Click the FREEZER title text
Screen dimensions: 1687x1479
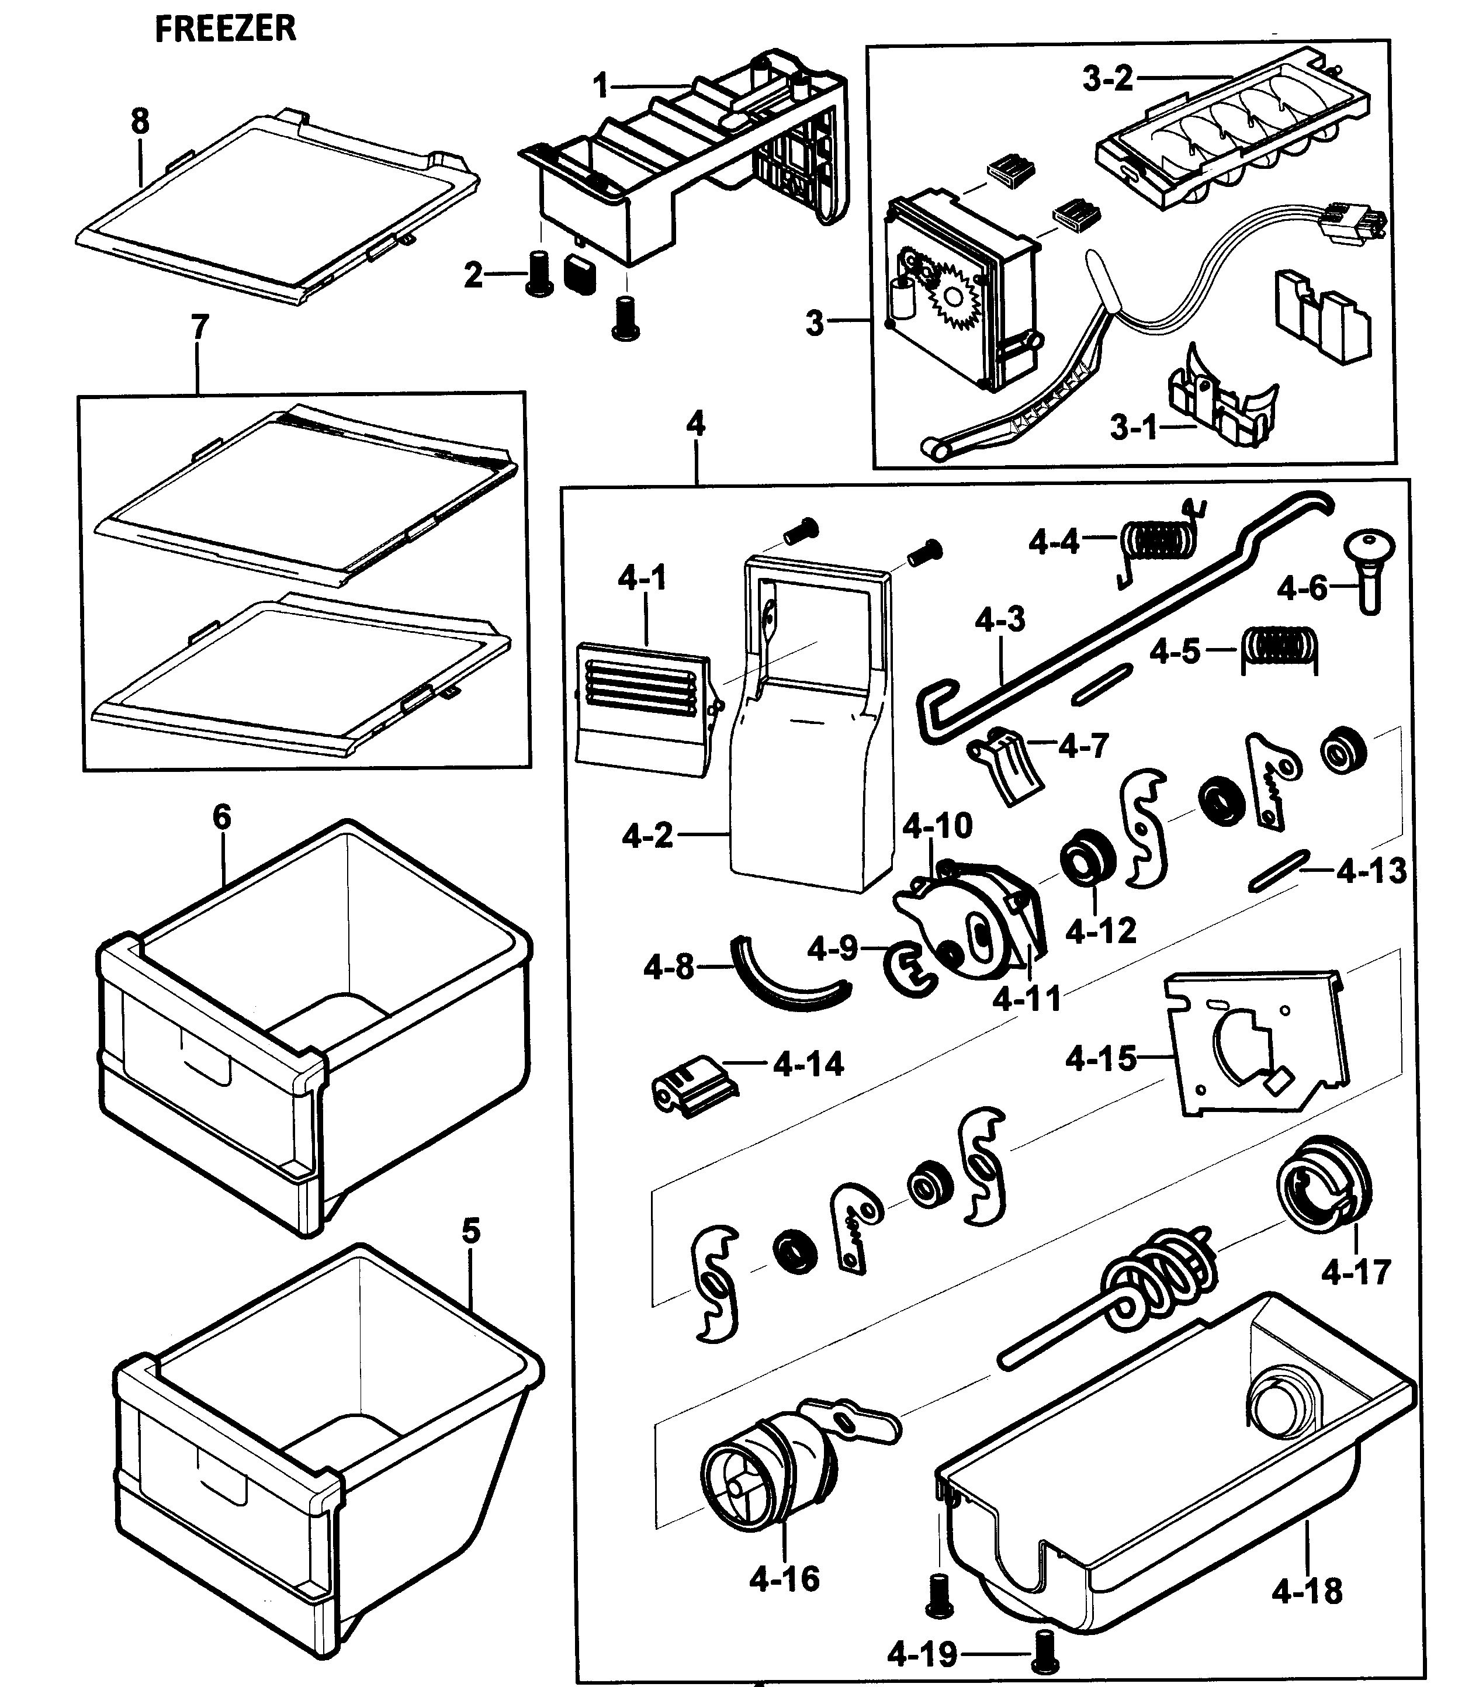click(x=224, y=29)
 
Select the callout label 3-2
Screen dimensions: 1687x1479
click(x=1107, y=79)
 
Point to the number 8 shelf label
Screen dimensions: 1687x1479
click(x=140, y=122)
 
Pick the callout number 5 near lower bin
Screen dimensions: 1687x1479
click(x=470, y=1231)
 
